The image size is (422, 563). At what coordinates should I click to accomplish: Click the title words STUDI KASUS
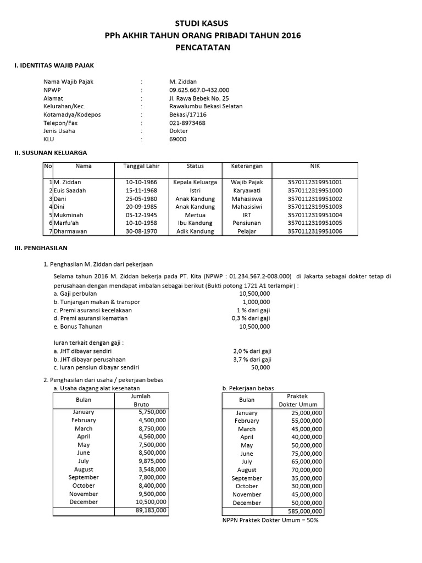click(201, 23)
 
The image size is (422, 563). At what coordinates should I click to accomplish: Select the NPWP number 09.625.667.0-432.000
click(199, 90)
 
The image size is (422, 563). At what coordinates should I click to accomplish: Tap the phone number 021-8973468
click(187, 123)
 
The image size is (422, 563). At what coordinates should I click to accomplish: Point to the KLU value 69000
click(178, 140)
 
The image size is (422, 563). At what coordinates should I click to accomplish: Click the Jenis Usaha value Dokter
click(179, 131)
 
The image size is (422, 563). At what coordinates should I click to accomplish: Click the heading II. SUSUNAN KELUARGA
click(51, 152)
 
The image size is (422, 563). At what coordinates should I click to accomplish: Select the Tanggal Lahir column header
click(141, 166)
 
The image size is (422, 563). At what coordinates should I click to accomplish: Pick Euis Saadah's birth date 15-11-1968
click(141, 190)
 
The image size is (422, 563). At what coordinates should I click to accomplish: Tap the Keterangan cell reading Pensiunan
click(247, 223)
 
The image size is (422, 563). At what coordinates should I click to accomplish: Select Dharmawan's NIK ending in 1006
click(314, 231)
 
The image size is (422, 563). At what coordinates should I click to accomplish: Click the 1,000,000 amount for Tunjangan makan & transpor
click(256, 302)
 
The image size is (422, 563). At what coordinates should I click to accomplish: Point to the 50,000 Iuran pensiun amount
click(260, 367)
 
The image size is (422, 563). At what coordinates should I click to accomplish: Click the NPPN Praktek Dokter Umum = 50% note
click(270, 520)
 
